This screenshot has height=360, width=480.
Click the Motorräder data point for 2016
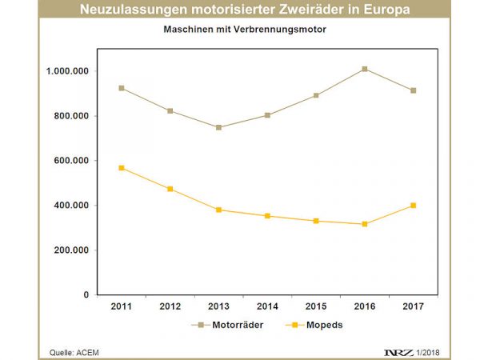pyautogui.click(x=365, y=69)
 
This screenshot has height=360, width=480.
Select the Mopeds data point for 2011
pyautogui.click(x=122, y=168)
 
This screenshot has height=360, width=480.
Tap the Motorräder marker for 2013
pyautogui.click(x=218, y=127)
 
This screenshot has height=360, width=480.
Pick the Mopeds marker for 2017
pyautogui.click(x=414, y=206)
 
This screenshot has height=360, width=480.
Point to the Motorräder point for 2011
pyautogui.click(x=122, y=88)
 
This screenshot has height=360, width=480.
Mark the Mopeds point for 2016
pyautogui.click(x=365, y=224)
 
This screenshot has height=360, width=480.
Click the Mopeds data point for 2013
pyautogui.click(x=218, y=210)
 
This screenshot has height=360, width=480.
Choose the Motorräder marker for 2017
pyautogui.click(x=414, y=90)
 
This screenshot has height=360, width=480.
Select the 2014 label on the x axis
pyautogui.click(x=267, y=306)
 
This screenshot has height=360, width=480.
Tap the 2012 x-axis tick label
pyautogui.click(x=170, y=306)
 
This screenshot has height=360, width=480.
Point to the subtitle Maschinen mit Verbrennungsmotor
pyautogui.click(x=239, y=30)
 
